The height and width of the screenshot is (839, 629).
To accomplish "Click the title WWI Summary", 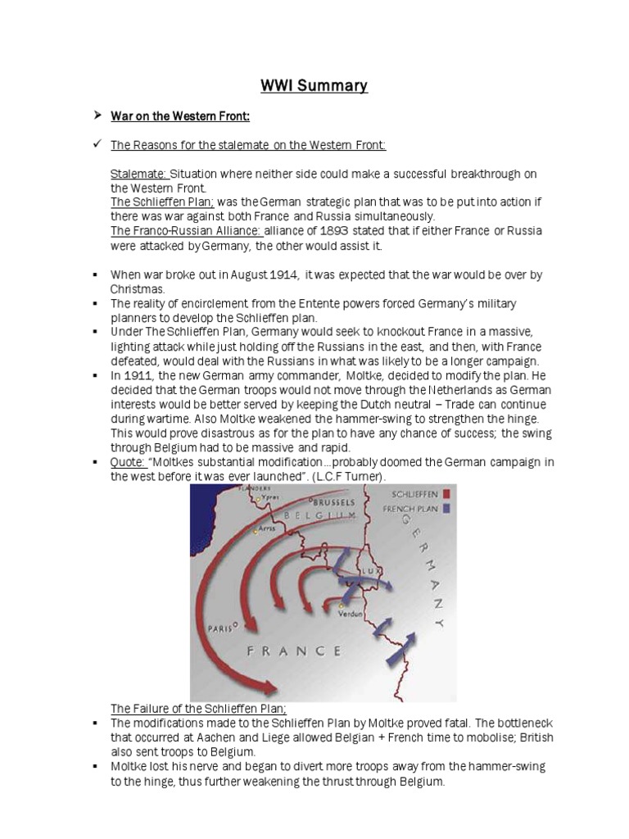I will [x=314, y=85].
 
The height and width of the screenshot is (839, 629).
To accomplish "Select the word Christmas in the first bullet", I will [x=138, y=289].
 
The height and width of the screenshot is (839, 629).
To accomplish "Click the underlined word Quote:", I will [x=127, y=462].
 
